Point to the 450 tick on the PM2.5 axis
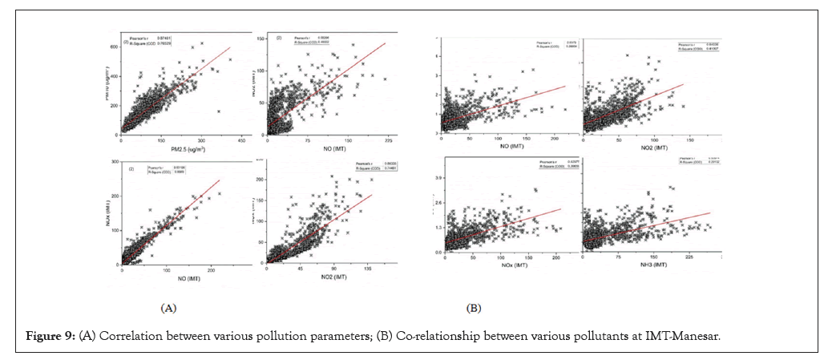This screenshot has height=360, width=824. coord(240,139)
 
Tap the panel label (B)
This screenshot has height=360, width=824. coord(473,307)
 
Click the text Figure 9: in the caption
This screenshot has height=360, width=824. coord(46,334)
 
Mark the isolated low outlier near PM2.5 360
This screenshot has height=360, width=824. coord(218,111)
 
